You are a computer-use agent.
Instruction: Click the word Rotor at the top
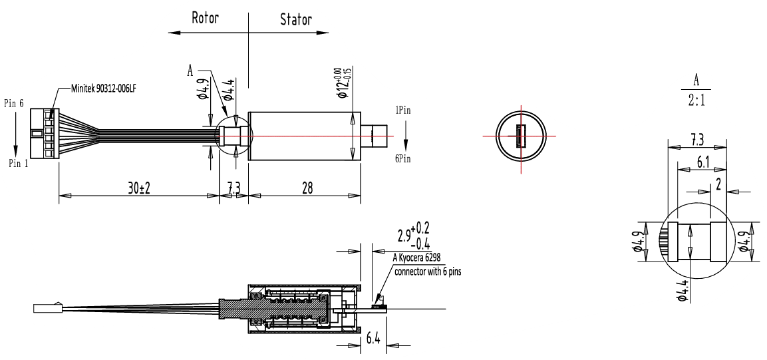[206, 18]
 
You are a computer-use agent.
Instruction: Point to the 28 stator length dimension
[307, 188]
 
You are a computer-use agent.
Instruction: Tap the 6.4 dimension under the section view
[373, 339]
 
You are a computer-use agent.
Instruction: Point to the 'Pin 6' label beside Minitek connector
[14, 103]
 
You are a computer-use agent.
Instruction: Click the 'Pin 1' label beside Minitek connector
[17, 163]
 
